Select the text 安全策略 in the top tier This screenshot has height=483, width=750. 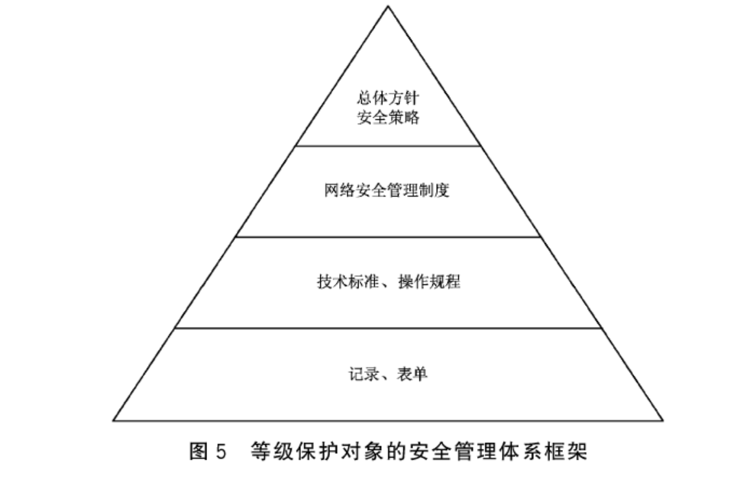click(x=388, y=118)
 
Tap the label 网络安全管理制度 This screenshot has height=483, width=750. click(x=388, y=191)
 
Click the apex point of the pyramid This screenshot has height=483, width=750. click(x=388, y=6)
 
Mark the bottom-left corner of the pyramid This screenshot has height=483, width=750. click(x=114, y=420)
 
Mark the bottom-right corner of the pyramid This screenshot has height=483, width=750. click(x=663, y=420)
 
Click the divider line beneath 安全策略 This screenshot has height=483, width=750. click(x=388, y=146)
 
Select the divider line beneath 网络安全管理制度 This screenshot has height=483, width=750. click(x=388, y=237)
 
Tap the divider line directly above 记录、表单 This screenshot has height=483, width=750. click(x=388, y=328)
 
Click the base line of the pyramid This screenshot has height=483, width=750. click(x=388, y=420)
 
